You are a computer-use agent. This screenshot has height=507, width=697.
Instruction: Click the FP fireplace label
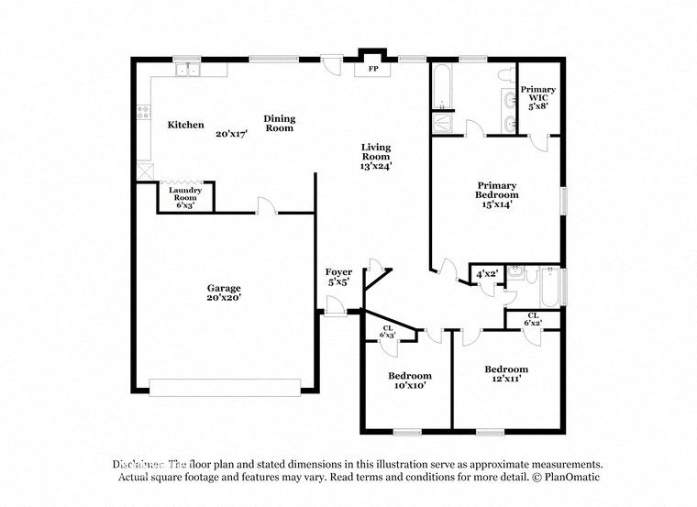(x=373, y=69)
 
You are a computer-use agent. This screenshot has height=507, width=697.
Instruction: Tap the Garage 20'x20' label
(x=224, y=293)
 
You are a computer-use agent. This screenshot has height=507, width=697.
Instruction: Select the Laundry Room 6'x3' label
(x=186, y=197)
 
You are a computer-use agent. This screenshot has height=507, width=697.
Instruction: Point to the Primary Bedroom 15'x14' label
(x=496, y=194)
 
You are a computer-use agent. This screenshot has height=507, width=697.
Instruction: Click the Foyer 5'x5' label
(x=338, y=278)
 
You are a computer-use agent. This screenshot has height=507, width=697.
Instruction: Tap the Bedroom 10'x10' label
(x=409, y=381)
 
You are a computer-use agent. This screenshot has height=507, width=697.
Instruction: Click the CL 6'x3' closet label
(x=387, y=331)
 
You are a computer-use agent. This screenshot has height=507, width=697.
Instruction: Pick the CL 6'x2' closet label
(x=532, y=319)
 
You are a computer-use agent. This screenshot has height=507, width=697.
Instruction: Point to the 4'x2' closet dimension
(x=486, y=274)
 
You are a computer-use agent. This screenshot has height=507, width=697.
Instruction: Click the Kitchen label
(x=185, y=125)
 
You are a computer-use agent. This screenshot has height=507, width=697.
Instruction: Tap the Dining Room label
(x=279, y=123)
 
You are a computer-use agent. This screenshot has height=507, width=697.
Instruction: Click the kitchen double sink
(x=188, y=70)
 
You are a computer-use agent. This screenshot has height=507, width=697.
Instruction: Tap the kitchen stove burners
(x=143, y=114)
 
